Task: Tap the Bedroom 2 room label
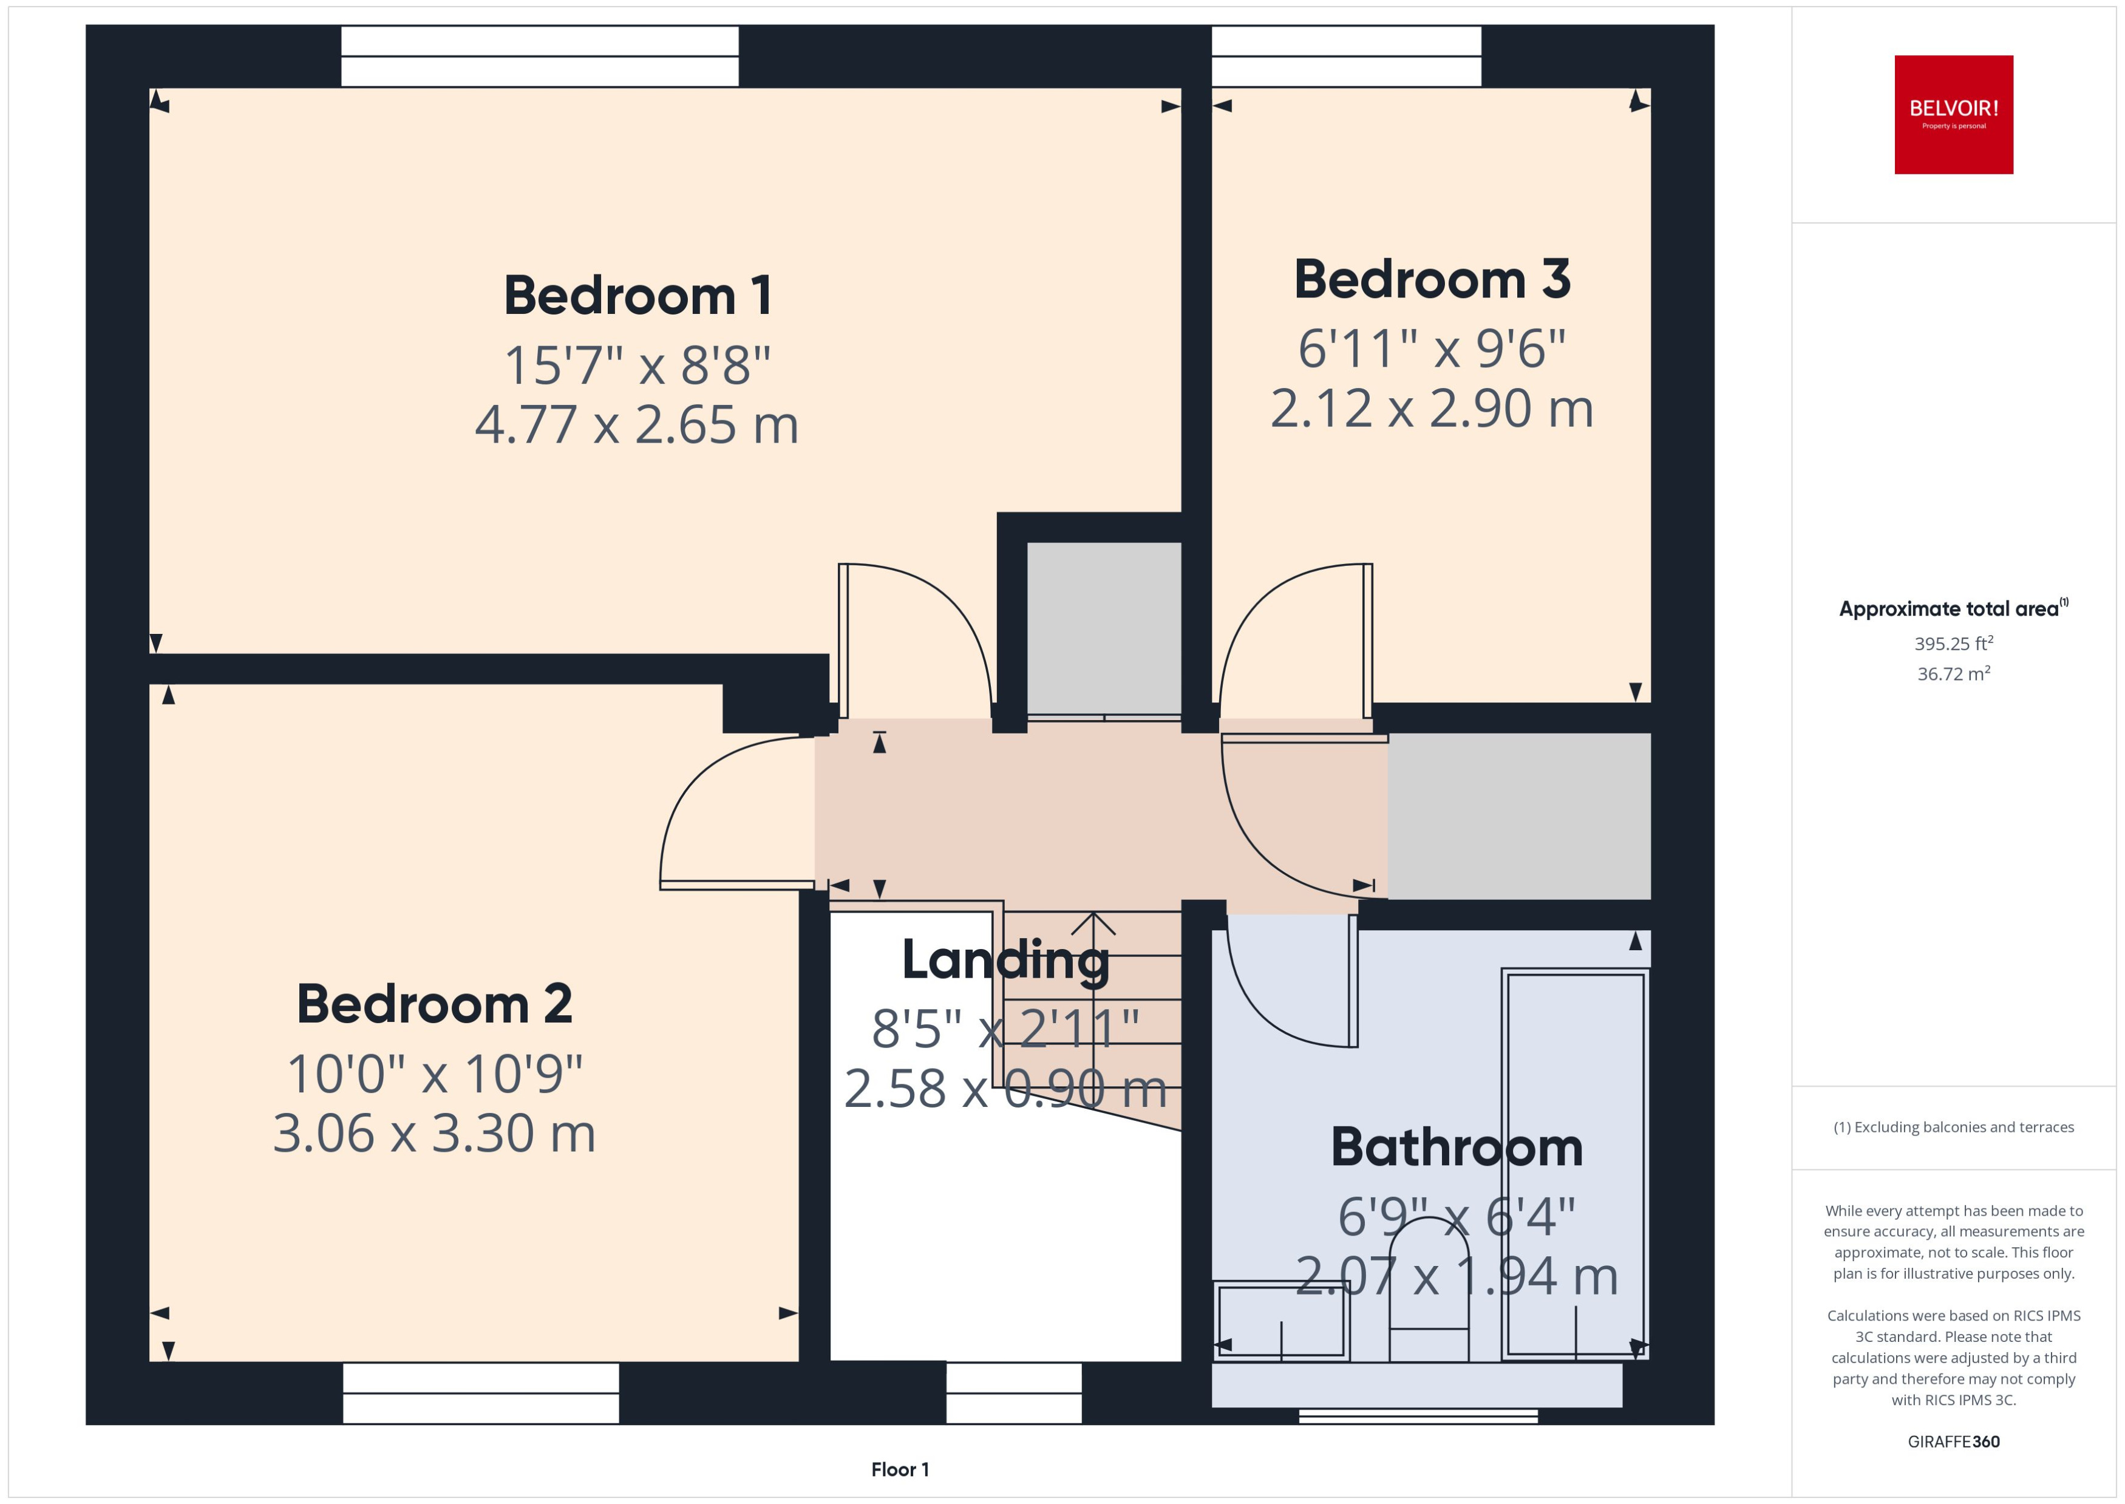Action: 434,1004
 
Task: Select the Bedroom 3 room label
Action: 1432,280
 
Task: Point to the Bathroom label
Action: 1457,1148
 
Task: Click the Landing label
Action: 1005,959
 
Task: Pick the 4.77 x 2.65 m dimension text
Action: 637,425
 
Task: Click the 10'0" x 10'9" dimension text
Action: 434,1074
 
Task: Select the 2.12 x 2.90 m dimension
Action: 1432,409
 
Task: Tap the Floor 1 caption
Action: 899,1469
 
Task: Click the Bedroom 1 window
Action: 540,56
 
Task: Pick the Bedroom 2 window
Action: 481,1392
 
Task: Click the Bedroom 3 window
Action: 1345,56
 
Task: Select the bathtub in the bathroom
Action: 1574,1164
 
